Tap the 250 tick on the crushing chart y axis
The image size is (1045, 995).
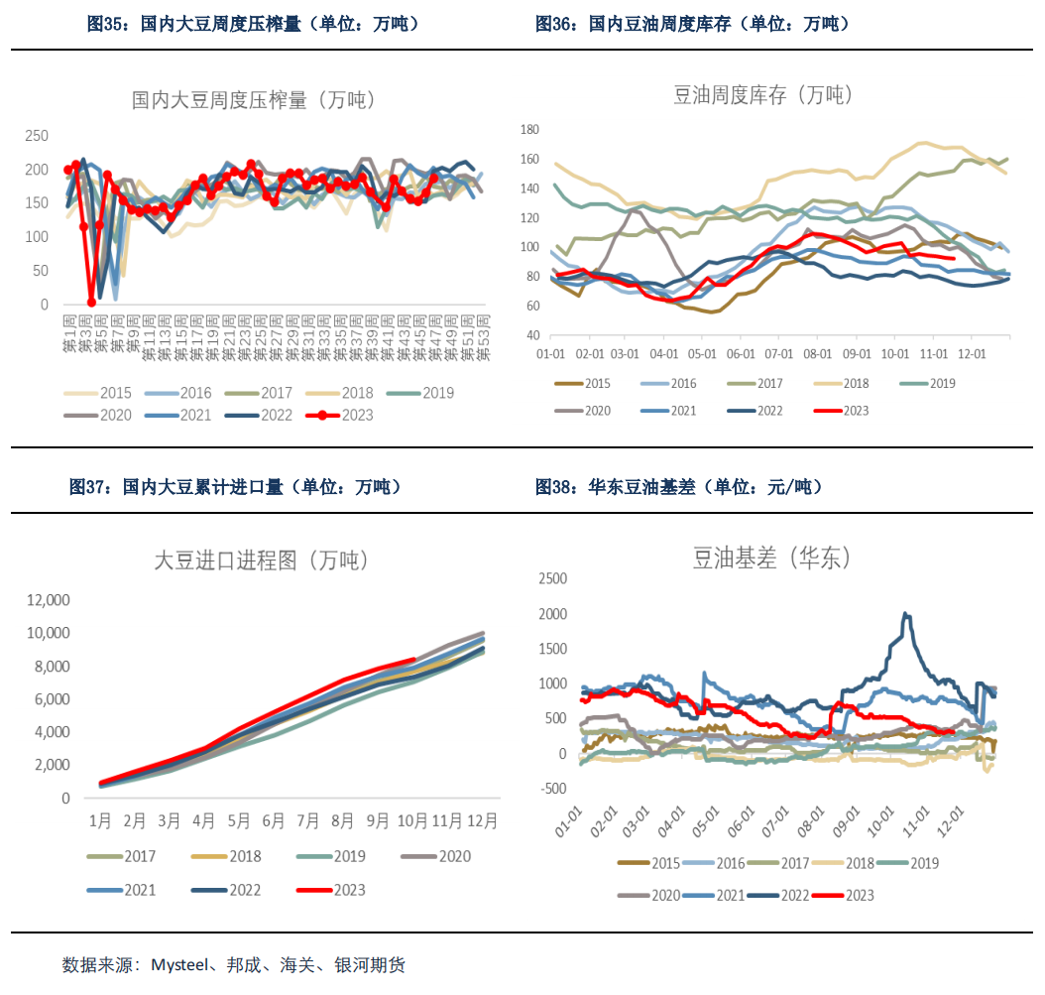point(37,136)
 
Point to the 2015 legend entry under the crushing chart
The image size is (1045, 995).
point(108,392)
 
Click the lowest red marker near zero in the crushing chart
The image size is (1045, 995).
point(91,302)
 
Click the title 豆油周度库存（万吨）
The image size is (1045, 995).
point(762,95)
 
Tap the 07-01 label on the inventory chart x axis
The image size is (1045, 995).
point(778,353)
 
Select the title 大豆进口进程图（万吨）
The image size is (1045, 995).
point(261,560)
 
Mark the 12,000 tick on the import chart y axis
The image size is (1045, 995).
point(49,600)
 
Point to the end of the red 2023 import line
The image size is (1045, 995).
point(414,659)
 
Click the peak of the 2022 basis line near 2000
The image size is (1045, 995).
point(905,614)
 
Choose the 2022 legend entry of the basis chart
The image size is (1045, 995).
point(777,895)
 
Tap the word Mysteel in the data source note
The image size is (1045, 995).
point(181,964)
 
